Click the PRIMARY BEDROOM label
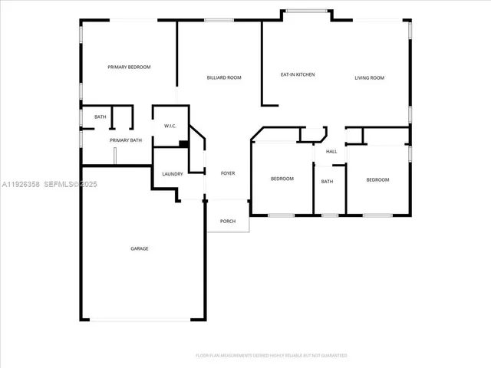tap(128, 67)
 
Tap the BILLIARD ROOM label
tap(224, 77)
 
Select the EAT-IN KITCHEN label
tap(298, 74)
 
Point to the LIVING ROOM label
tap(369, 77)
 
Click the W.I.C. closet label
tap(171, 127)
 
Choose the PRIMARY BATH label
tap(126, 140)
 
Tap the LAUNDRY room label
tap(173, 174)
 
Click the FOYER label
tap(228, 174)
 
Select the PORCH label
tap(228, 222)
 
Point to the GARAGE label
tap(139, 248)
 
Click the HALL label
tap(331, 152)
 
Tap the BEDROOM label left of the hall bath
tap(282, 179)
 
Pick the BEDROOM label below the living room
tap(377, 179)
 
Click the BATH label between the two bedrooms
tap(328, 182)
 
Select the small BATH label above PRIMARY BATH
tap(101, 117)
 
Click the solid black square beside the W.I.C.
tap(183, 143)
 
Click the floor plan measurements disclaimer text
tap(271, 356)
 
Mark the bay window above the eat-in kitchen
tap(307, 11)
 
